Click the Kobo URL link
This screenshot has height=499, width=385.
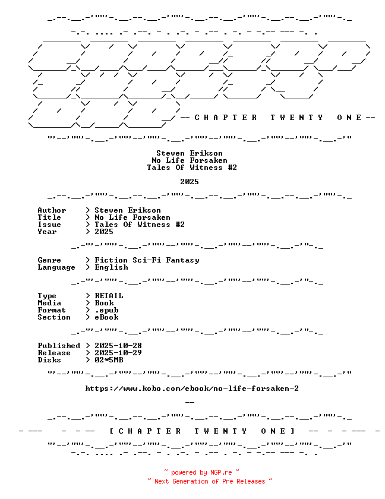(192, 389)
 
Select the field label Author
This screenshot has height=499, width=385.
(52, 210)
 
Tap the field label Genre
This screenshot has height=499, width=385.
(49, 260)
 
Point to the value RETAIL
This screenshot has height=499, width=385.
(109, 296)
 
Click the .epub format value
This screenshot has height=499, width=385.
(106, 310)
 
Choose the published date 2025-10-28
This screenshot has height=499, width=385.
(118, 346)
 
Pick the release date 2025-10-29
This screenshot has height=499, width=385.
(118, 353)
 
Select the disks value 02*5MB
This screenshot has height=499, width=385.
(109, 360)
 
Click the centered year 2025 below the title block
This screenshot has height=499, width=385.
(190, 182)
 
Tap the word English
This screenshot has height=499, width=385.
(111, 267)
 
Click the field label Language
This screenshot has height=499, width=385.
(56, 268)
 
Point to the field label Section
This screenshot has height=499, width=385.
(54, 317)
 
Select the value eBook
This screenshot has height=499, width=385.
(106, 317)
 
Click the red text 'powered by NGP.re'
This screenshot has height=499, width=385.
(201, 473)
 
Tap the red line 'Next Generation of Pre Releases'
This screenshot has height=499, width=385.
(210, 481)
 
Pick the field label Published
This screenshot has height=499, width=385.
(59, 346)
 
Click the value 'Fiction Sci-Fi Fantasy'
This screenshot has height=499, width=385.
(147, 260)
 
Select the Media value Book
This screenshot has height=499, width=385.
(104, 303)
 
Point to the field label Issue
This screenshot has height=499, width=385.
(49, 225)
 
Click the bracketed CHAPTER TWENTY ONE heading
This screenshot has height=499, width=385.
(203, 431)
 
